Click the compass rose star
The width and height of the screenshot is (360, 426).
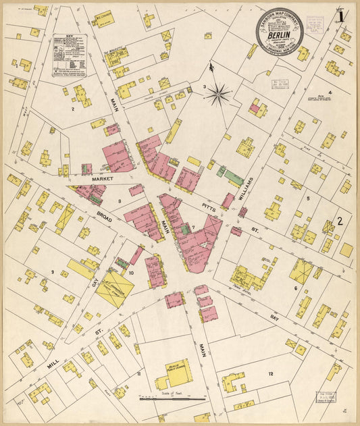point(217,95)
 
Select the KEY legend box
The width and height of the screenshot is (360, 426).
point(70,55)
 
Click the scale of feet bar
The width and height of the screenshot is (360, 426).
point(173,399)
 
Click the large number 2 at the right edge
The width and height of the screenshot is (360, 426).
point(340,221)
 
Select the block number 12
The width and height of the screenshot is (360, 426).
point(270,373)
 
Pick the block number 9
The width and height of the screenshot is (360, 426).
point(51,272)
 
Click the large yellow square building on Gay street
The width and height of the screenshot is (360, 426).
point(114,289)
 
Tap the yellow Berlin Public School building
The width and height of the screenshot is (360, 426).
point(174,373)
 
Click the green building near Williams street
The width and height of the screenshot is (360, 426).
point(233,178)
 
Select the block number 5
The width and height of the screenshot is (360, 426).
point(307,198)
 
